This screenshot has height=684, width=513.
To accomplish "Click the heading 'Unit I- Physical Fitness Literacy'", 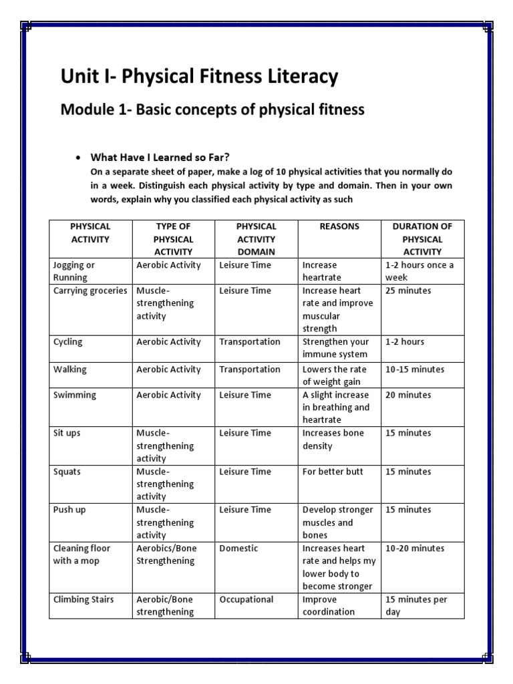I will pos(199,77).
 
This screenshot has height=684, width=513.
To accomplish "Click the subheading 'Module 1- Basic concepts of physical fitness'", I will pos(212,110).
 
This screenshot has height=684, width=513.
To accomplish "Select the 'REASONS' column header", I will pos(339,226).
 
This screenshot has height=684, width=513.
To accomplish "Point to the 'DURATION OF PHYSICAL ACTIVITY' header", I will pos(422,239).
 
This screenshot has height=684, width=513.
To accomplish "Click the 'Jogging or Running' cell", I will pos(74,271).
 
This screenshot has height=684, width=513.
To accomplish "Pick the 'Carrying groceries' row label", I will pos(90,291).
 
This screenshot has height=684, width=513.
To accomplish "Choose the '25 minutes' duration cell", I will pos(408,291).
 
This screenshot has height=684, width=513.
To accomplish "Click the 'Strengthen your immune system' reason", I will pos(335,348).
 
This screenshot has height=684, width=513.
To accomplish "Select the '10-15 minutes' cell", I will pos(415,369).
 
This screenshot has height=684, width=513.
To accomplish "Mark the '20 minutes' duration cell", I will pos(408,395).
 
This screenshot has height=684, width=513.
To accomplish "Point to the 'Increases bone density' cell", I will pos(333,440).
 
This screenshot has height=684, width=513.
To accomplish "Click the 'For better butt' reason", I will pos(333,472).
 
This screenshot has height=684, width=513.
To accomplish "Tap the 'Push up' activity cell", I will pos(69,510).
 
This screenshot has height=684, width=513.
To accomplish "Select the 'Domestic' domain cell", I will pos(238,548).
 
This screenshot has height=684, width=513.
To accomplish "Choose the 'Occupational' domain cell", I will pos(246,599).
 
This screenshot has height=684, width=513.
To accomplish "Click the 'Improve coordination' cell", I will pos(329,605).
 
